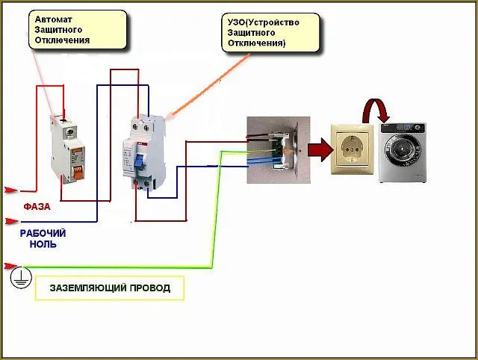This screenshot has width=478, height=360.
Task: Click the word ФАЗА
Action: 37,207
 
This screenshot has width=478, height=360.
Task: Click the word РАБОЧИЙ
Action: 43,234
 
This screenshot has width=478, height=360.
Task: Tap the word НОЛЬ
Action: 43,244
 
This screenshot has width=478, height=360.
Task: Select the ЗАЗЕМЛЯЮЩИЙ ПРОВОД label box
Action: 110,288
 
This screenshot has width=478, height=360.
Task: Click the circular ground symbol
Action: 21,277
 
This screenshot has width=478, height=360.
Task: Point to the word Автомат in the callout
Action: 53,19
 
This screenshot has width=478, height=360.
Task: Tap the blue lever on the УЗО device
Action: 139,161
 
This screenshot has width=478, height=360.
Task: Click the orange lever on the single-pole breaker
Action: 78,173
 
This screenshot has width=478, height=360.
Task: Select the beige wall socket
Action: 353,149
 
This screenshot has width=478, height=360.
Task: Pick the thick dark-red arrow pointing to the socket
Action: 320,149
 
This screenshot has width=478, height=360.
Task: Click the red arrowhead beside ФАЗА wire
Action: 11,190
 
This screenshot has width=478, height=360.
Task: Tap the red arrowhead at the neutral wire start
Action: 11,221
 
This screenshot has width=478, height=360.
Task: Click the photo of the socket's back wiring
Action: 279,150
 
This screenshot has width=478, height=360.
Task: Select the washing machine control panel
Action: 403,128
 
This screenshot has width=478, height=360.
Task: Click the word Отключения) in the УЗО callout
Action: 256,43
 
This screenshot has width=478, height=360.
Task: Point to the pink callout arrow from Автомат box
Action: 43,84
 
